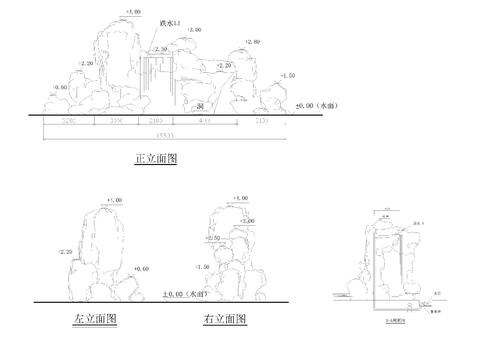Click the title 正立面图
point(155,158)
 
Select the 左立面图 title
point(95,319)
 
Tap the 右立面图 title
point(224,319)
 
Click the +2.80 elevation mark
point(251,42)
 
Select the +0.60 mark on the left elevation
point(140,269)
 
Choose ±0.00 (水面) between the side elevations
point(184,295)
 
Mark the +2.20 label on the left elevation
point(68,253)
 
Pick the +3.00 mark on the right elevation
point(246,221)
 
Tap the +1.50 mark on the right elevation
point(203,267)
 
